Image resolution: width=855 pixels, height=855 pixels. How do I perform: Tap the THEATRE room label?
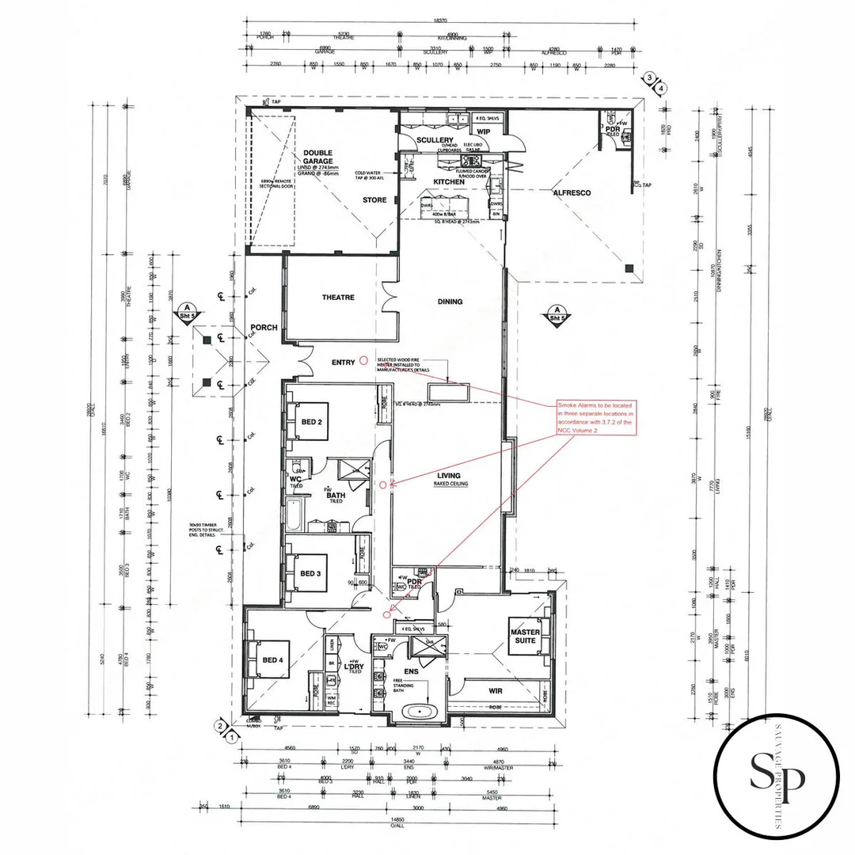338,298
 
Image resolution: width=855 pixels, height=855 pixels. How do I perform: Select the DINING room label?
450,302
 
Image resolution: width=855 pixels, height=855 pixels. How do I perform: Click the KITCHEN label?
448,182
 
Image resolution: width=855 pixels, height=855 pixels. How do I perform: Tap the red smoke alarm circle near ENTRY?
363,360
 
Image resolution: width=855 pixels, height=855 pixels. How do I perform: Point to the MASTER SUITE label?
525,635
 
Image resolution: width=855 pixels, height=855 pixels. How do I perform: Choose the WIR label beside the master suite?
496,690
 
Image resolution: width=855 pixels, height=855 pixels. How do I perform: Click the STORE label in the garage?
374,200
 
